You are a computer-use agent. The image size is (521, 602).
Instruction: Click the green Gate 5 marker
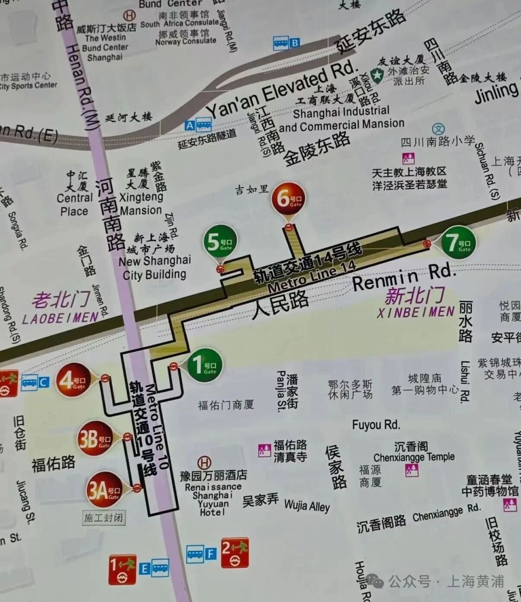pyautogui.click(x=220, y=242)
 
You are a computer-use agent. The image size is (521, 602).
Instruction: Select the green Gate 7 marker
pyautogui.click(x=458, y=242)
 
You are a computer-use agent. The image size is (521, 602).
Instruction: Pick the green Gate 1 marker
pyautogui.click(x=205, y=364)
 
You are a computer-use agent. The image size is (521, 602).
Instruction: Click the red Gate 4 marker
pyautogui.click(x=73, y=379)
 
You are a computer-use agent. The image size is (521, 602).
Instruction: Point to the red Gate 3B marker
pyautogui.click(x=95, y=438)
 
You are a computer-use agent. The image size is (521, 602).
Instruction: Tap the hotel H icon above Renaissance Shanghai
pyautogui.click(x=205, y=463)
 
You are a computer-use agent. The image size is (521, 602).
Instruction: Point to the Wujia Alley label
pyautogui.click(x=307, y=507)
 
